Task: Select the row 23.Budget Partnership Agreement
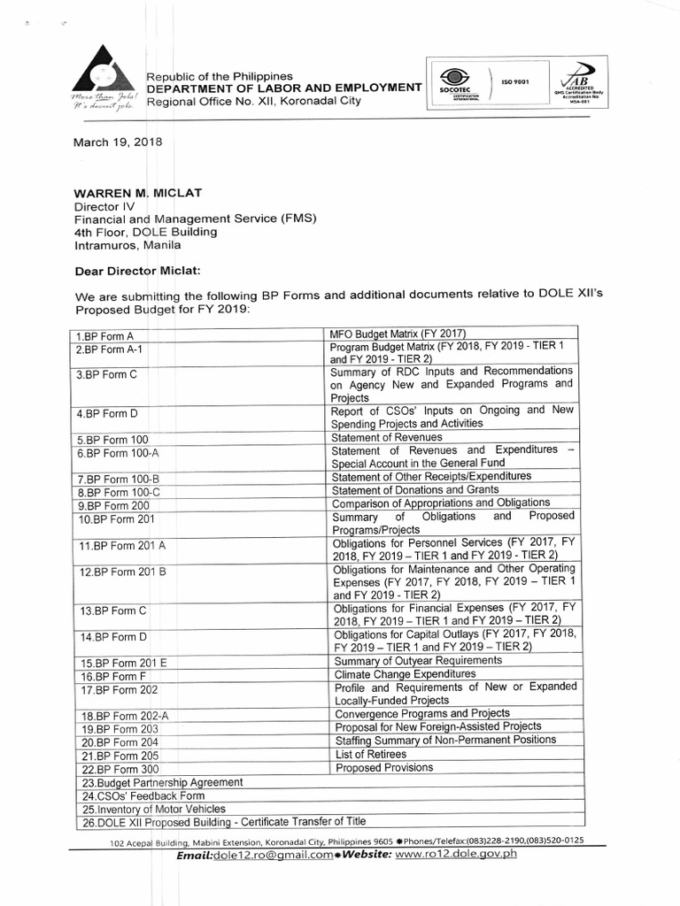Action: point(161,782)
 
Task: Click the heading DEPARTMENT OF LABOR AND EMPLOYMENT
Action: point(283,88)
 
